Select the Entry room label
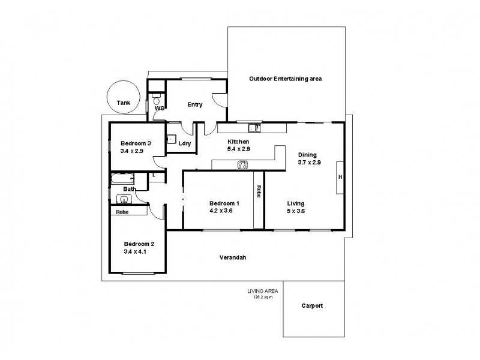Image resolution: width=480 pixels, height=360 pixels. [194, 104]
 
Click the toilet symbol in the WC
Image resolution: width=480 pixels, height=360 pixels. [156, 96]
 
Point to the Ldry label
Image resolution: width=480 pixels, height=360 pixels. [185, 143]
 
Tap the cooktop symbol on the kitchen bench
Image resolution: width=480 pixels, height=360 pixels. [242, 165]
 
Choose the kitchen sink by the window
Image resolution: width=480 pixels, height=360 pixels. [254, 127]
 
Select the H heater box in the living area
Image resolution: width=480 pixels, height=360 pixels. [340, 177]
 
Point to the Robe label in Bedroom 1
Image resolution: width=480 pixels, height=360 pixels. [259, 192]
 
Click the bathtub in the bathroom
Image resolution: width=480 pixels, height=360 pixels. [122, 179]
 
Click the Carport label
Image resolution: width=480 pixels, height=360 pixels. [312, 305]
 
